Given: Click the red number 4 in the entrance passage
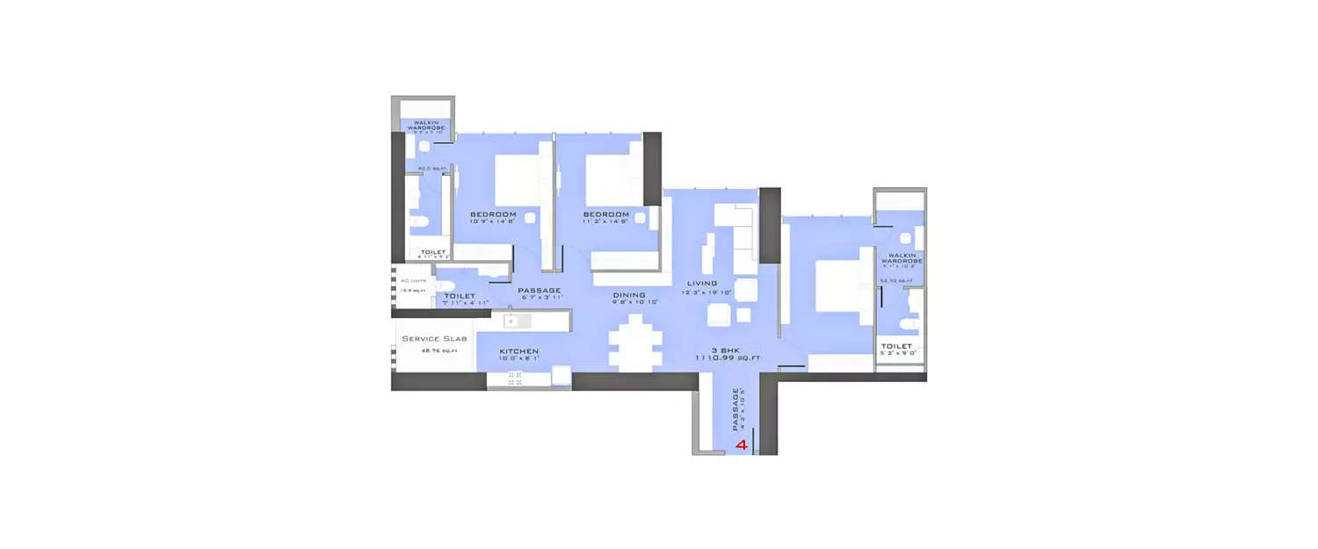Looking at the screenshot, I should [742, 445].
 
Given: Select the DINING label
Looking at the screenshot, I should [629, 295].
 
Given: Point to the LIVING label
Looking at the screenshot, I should [703, 284].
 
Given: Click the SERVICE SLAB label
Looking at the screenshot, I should [435, 338].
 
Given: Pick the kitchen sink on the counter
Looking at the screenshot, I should [511, 321].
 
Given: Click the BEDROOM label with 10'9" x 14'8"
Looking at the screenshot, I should [493, 214].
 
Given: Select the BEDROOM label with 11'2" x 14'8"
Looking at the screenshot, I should [606, 214].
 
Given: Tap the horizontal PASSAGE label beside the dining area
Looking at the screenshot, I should [539, 291].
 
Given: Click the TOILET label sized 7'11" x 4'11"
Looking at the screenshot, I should [460, 296].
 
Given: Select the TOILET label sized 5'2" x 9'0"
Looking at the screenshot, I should [897, 346].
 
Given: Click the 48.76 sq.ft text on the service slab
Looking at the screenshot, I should [435, 350].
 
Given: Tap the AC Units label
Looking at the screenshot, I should [412, 281].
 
